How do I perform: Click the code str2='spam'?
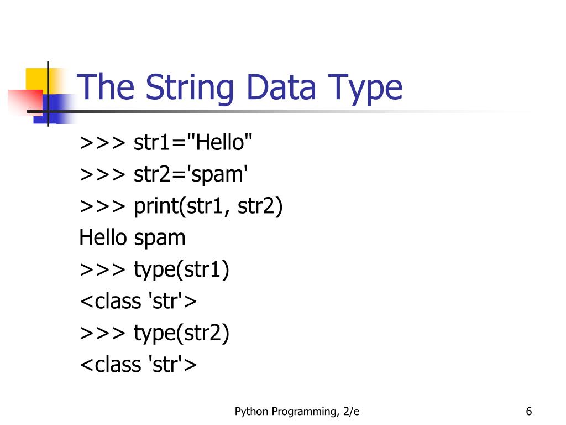point(191,175)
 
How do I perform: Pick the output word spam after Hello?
point(160,239)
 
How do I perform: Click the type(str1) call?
point(181,271)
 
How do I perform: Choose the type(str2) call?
point(181,334)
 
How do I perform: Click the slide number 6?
point(529,411)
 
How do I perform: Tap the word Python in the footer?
point(251,412)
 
